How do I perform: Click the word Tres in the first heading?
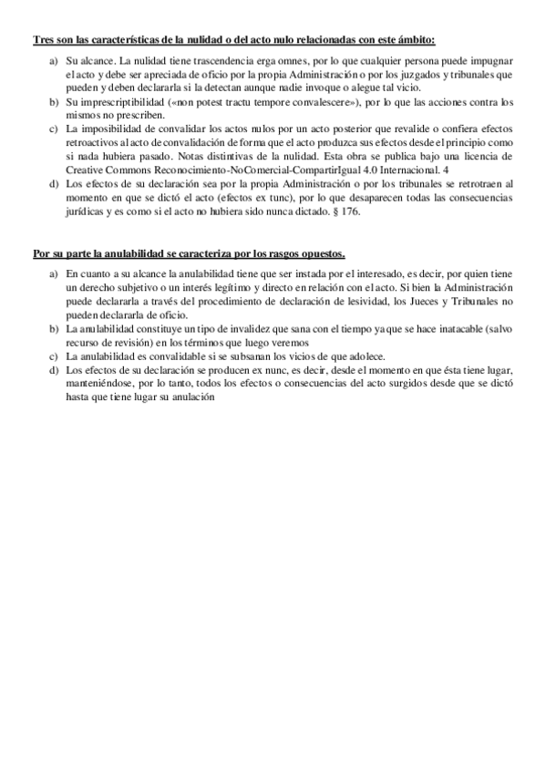pyautogui.click(x=44, y=40)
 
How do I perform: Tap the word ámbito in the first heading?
pyautogui.click(x=415, y=40)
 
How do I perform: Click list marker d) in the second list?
pyautogui.click(x=54, y=371)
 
